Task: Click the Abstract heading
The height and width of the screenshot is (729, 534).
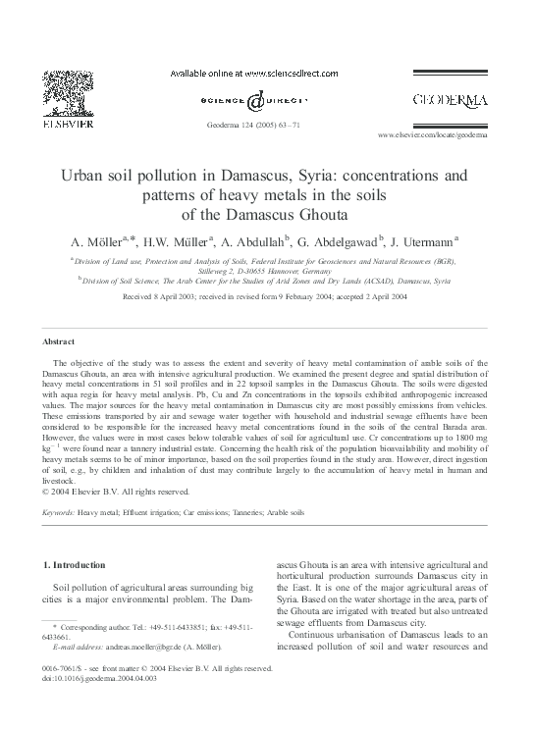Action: coord(58,340)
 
